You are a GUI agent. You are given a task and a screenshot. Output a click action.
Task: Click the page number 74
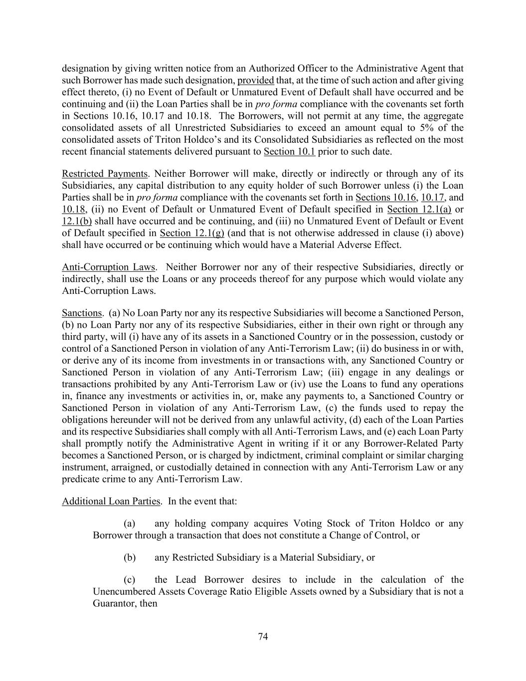pos(263,637)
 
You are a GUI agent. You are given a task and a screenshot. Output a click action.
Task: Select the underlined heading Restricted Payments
pos(105,174)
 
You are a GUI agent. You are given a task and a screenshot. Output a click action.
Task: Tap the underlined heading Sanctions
pos(82,313)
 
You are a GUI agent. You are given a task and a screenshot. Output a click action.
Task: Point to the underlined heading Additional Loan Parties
pos(111,501)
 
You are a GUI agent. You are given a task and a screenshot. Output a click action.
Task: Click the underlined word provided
pos(255,80)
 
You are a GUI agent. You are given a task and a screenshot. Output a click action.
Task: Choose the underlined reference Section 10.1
pos(289,152)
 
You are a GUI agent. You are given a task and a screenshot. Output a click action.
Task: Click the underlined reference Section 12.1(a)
pos(419,209)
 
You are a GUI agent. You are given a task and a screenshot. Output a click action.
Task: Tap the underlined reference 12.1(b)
pos(77,221)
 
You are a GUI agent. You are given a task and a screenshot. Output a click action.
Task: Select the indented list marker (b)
pos(129,557)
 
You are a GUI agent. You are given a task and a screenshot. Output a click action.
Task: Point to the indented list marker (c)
pos(129,580)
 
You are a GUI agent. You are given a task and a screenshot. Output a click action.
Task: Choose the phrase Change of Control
pos(375,535)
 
